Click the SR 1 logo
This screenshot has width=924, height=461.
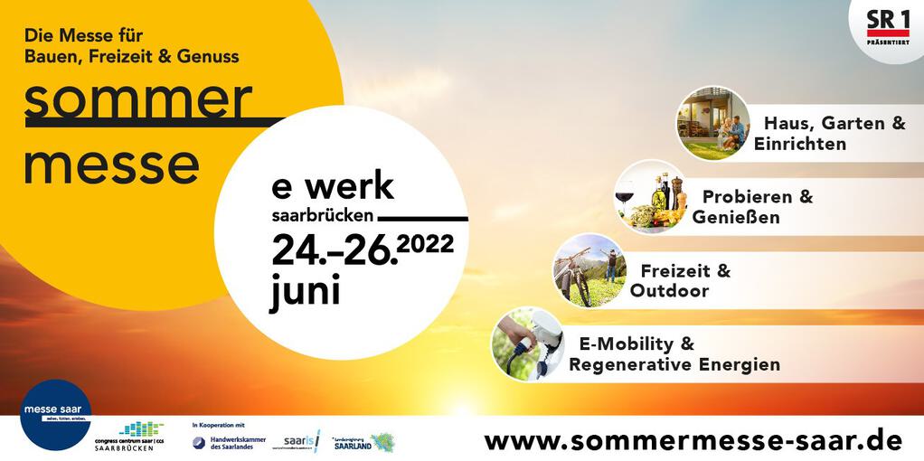tap(888, 24)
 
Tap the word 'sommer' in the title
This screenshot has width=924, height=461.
tap(137, 99)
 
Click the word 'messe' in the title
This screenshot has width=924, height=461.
tap(111, 165)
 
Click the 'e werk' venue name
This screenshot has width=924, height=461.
tap(333, 186)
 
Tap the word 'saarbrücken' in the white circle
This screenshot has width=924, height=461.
tap(323, 217)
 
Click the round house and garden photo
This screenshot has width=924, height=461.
tap(713, 124)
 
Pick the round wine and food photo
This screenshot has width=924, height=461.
tap(651, 198)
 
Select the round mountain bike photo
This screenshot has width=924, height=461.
tap(589, 270)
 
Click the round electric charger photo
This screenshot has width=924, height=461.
tap(528, 343)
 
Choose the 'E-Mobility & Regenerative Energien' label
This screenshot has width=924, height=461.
tap(674, 354)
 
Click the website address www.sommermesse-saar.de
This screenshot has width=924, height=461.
tap(693, 440)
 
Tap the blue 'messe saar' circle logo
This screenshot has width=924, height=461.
tap(55, 414)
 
